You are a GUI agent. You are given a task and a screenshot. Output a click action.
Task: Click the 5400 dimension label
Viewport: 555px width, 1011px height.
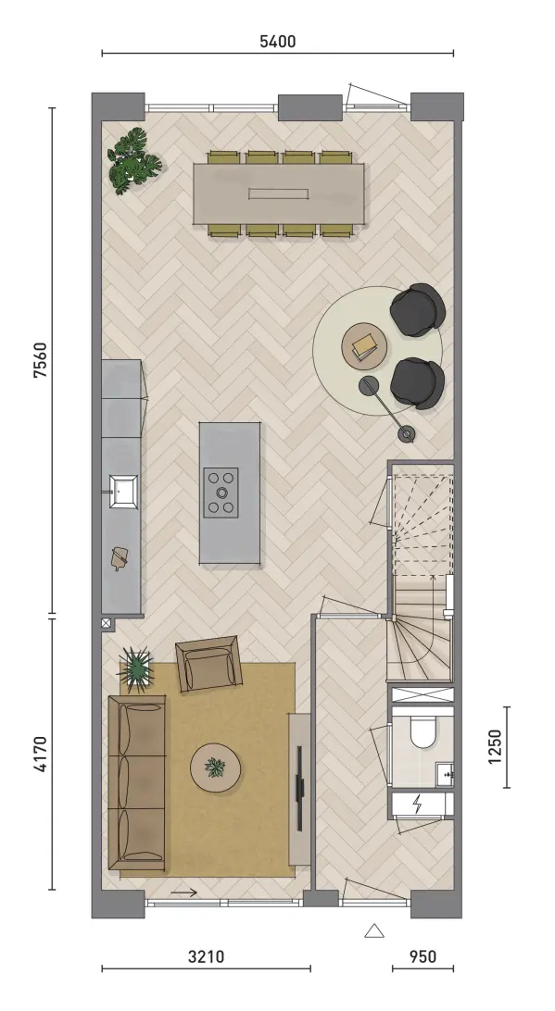(278, 42)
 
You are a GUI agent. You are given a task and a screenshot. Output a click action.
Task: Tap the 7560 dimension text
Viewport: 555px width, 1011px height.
(40, 360)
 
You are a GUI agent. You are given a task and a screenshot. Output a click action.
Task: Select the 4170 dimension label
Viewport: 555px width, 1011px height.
(40, 754)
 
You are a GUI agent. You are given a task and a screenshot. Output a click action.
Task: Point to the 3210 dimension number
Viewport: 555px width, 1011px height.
(207, 956)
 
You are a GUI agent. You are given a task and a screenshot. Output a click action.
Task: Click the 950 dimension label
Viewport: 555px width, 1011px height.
(423, 956)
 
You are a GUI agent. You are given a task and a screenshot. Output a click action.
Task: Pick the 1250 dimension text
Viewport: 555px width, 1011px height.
(495, 746)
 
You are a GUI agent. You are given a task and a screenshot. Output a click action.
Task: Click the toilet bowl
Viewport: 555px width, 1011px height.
(424, 732)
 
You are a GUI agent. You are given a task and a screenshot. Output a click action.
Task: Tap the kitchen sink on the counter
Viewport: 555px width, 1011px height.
(122, 492)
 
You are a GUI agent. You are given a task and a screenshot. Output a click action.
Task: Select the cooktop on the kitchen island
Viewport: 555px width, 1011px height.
(221, 493)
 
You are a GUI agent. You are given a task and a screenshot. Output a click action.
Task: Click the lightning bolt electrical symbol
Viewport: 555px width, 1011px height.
(418, 804)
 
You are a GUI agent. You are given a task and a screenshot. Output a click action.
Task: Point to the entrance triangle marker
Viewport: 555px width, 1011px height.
(374, 930)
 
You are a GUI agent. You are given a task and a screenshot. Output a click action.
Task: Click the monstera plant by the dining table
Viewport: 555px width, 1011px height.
(133, 160)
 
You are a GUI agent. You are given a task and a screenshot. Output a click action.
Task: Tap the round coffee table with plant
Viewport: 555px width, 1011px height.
(216, 768)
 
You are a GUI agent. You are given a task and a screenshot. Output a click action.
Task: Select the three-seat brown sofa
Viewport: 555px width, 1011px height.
(137, 782)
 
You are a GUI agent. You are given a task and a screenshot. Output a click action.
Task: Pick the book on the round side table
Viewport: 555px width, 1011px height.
(365, 347)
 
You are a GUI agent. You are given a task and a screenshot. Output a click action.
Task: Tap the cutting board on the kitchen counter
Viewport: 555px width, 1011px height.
(120, 557)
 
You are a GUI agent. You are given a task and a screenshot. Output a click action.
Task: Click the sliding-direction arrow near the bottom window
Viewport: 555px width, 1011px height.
(184, 893)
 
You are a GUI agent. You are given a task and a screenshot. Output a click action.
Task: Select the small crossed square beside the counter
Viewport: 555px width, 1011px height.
(106, 623)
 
